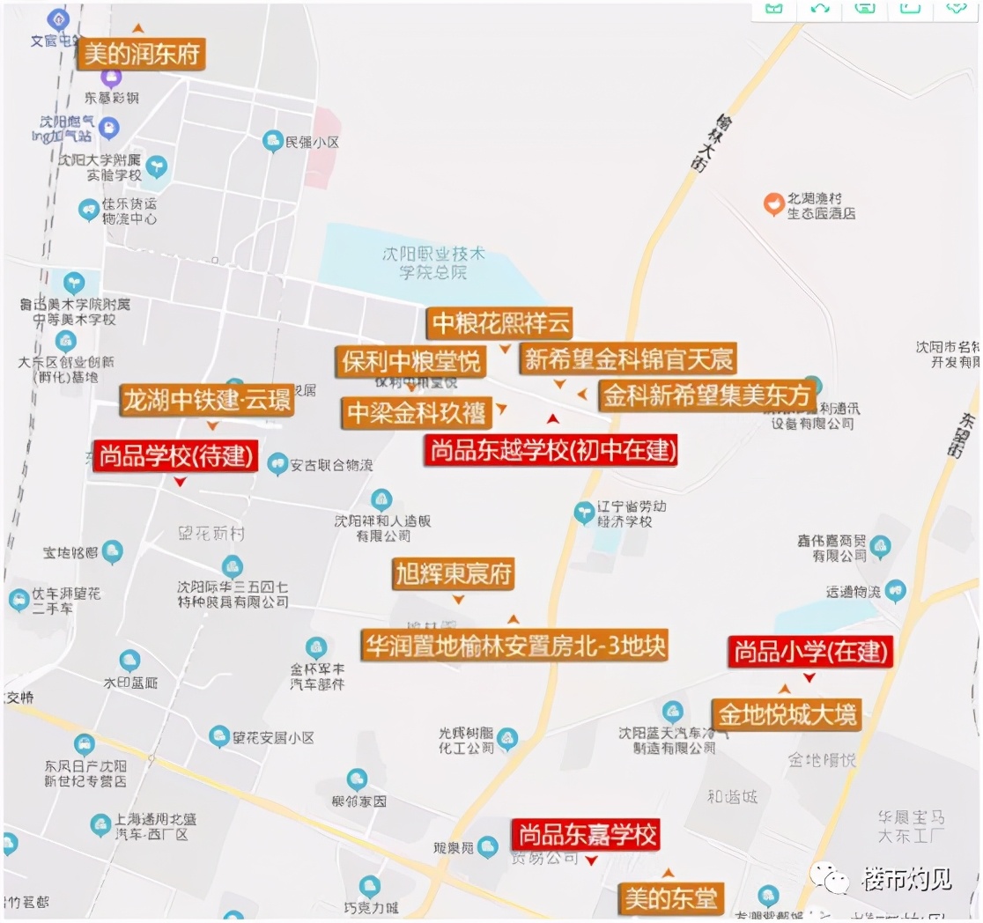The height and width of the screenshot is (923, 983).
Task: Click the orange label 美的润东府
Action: [143, 55]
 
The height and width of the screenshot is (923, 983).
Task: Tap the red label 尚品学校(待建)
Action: [175, 456]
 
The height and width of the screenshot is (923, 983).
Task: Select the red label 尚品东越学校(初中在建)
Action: [552, 451]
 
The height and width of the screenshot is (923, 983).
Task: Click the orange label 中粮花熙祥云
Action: [500, 323]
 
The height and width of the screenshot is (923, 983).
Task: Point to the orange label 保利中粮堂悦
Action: [411, 361]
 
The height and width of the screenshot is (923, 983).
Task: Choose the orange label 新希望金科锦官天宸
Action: [627, 359]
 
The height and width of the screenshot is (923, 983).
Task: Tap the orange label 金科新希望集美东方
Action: [706, 395]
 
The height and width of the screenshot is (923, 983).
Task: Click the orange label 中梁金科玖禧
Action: [416, 412]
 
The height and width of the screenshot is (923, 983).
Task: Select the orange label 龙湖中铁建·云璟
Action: [207, 401]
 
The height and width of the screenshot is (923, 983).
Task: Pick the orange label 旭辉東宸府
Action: [453, 574]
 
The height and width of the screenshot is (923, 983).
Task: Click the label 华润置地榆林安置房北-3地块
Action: [514, 646]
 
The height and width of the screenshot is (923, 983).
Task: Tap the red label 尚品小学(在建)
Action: [810, 652]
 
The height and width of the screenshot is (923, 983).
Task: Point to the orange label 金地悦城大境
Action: [787, 713]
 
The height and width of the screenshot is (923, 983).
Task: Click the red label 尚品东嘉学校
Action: [586, 834]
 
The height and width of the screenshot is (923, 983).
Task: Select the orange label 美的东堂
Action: [670, 898]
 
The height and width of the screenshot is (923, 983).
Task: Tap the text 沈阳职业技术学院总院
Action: [433, 262]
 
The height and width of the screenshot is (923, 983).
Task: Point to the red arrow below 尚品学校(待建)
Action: [180, 482]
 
